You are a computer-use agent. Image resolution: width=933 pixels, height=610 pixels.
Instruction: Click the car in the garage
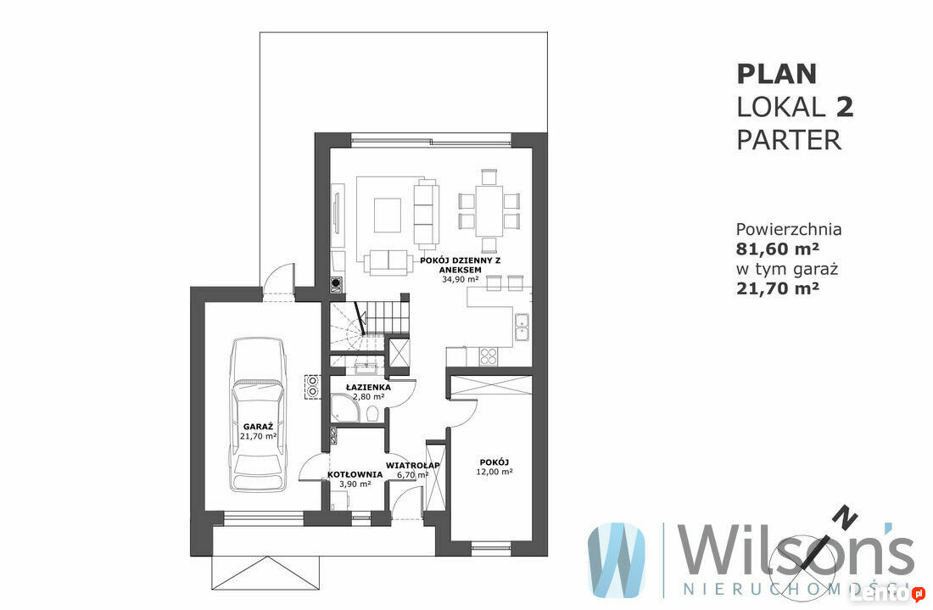[x=258, y=414]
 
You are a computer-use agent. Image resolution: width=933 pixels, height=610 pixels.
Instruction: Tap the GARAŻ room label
[x=258, y=426]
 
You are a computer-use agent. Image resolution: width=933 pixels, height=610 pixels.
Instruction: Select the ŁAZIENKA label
[x=368, y=387]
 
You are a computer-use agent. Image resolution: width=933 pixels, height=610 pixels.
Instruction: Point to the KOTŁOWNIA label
[x=355, y=474]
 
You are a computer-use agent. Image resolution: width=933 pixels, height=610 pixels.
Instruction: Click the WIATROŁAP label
[x=412, y=465]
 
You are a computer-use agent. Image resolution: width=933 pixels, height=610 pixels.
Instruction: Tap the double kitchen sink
[x=522, y=327]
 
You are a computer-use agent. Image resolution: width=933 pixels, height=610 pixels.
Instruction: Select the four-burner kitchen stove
[x=489, y=355]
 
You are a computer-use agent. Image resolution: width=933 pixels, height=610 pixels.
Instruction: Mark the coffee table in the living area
[x=388, y=215]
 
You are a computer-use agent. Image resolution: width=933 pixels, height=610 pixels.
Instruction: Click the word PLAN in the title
[x=776, y=75]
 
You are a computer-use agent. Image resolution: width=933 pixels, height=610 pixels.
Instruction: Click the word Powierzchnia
[x=789, y=229]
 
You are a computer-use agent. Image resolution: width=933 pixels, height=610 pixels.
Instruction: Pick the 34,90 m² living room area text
[x=460, y=278]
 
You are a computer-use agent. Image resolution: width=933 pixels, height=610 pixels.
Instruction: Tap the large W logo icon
[x=616, y=560]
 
